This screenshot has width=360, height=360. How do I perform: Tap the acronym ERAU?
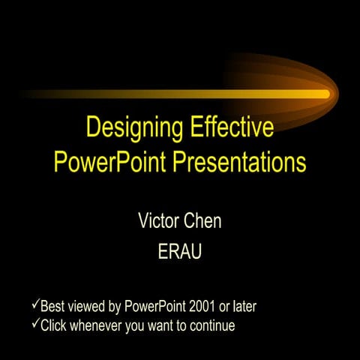(180, 252)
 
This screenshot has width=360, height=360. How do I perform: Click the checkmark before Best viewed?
(34, 305)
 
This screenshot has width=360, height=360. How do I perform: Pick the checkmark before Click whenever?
(34, 325)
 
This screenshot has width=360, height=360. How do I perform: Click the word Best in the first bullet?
(52, 307)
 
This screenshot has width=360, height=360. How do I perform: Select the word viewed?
(86, 307)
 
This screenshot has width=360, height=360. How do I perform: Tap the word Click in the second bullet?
(53, 326)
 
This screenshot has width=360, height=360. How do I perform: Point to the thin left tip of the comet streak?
(27, 94)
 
